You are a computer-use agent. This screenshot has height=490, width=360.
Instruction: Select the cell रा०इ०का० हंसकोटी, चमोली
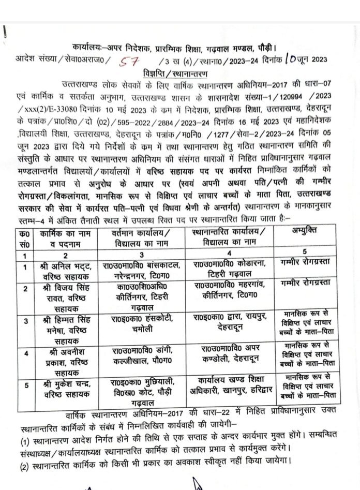click(145, 322)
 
